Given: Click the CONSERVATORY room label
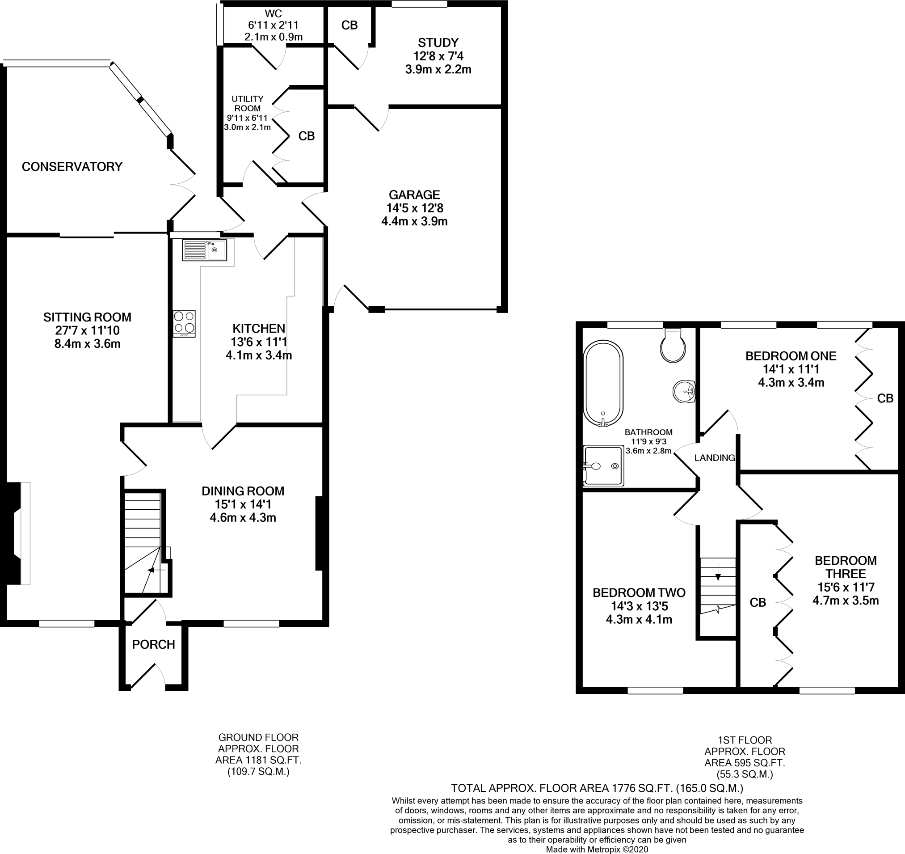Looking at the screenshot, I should point(72,167).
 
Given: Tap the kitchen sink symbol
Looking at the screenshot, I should point(204,250).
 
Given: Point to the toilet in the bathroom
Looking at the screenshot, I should point(673,347).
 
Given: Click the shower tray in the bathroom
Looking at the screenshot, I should point(604,465).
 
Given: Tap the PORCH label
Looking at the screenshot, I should point(153,644).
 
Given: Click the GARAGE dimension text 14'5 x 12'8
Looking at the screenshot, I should point(414,208).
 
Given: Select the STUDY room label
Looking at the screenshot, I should point(438,43).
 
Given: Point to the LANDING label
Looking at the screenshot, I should point(714,458).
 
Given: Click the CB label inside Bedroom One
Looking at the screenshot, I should point(885,398).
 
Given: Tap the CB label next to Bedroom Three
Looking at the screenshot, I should point(758,603).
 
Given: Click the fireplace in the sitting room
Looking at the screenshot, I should point(18,533).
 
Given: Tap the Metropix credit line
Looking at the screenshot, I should point(597,849).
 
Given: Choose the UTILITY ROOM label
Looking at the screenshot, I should point(247,103).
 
